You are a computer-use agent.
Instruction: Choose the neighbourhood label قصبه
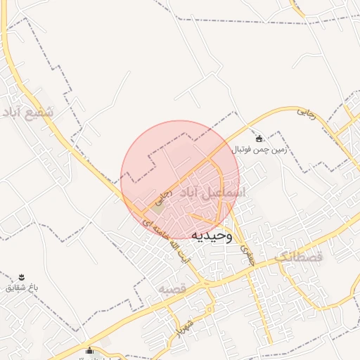[171, 289]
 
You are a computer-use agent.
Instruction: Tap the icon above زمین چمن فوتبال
[260, 139]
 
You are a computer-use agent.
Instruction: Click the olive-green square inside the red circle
[159, 208]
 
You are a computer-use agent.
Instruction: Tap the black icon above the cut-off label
[89, 351]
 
